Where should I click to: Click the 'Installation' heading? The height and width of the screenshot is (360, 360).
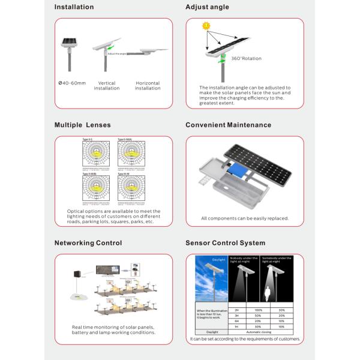(x=74, y=7)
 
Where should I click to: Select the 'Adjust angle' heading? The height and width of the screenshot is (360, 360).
(x=207, y=7)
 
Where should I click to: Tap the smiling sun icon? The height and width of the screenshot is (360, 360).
(x=206, y=26)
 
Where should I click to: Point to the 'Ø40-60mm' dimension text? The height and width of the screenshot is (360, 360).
(x=73, y=83)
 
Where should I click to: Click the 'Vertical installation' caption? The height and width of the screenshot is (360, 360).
(x=107, y=86)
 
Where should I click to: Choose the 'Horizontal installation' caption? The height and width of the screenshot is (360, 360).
(x=148, y=86)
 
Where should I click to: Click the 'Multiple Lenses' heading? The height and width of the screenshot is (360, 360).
(x=83, y=125)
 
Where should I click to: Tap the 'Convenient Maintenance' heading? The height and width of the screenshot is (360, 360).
(x=228, y=125)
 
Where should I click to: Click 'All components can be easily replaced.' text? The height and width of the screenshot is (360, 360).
(x=245, y=218)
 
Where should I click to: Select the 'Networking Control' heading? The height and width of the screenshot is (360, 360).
(x=88, y=243)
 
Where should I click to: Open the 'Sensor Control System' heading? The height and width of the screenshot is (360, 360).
(x=225, y=243)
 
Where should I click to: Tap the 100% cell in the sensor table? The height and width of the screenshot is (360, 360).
(x=242, y=310)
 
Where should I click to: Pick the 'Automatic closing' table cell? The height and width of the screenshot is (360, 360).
(x=259, y=331)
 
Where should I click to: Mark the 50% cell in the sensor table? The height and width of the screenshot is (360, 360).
(x=242, y=315)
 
